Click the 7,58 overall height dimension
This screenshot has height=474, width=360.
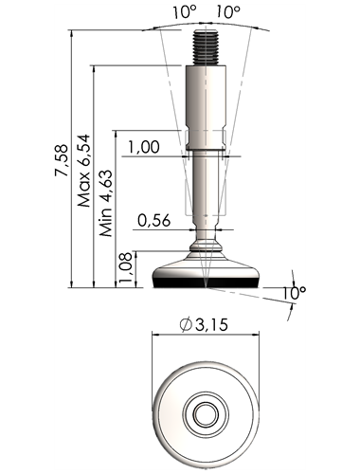pos(62,160)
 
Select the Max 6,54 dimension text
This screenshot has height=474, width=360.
pos(84,171)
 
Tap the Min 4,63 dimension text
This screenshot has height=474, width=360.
pos(106,204)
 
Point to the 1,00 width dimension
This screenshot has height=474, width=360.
pos(144,147)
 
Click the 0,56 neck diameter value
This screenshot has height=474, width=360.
pos(154,221)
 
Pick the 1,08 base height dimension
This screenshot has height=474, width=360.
pos(126,269)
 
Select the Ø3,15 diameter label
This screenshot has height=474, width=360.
pos(204,325)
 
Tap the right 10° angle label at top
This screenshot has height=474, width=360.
pos(228,12)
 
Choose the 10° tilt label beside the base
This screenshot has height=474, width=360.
pos(294,293)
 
